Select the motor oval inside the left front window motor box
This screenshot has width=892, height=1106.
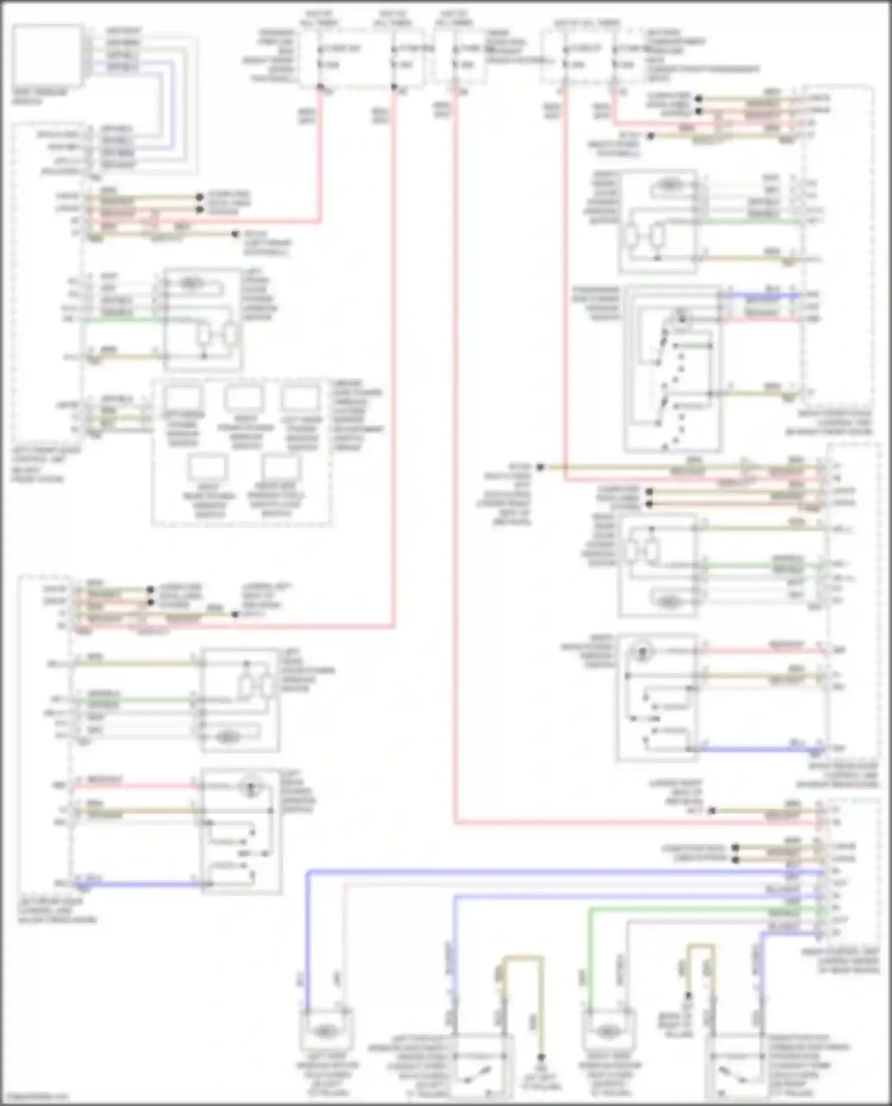pyautogui.click(x=190, y=283)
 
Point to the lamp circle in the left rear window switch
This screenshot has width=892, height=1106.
pyautogui.click(x=250, y=787)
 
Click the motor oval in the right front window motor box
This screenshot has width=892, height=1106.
pyautogui.click(x=670, y=185)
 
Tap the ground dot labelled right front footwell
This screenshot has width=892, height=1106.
pyautogui.click(x=651, y=136)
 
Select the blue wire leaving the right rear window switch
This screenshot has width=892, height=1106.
pyautogui.click(x=755, y=749)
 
